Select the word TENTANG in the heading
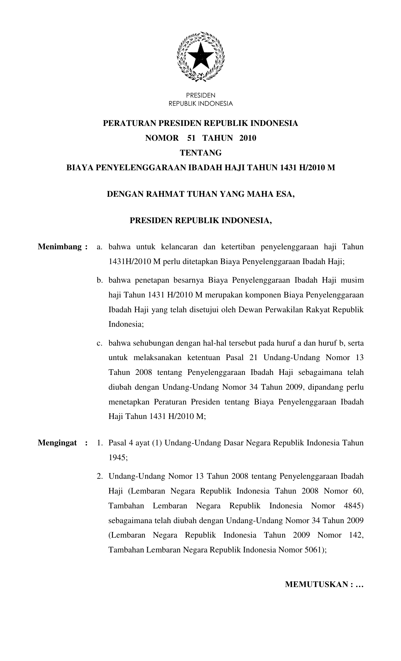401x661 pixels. pos(200,153)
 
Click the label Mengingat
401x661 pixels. pos(57,443)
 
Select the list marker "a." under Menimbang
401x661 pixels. pos(100,247)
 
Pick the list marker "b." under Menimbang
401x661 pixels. pos(100,280)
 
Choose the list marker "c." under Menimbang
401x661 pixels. pos(100,343)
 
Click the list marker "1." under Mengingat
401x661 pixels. pos(100,443)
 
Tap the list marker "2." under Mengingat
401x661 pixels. pos(100,476)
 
